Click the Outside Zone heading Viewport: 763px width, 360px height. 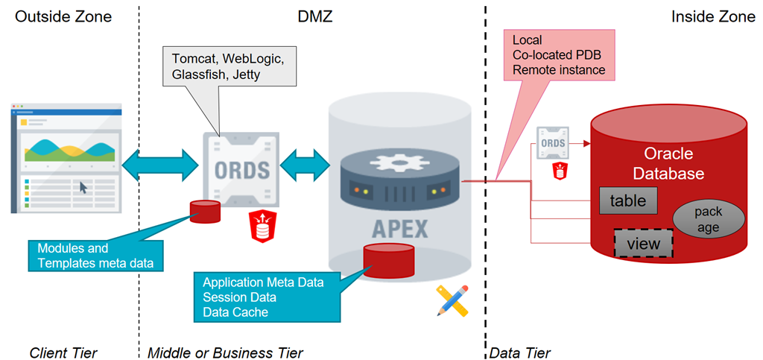[x=63, y=16]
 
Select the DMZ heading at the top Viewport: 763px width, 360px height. [x=313, y=16]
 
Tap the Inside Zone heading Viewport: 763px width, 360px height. [x=712, y=16]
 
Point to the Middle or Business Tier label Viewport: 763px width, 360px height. [x=225, y=352]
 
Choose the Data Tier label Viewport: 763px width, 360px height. [x=519, y=352]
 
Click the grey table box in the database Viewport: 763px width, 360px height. [x=627, y=200]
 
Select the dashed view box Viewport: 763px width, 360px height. [x=642, y=244]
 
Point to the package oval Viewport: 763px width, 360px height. [x=707, y=219]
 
